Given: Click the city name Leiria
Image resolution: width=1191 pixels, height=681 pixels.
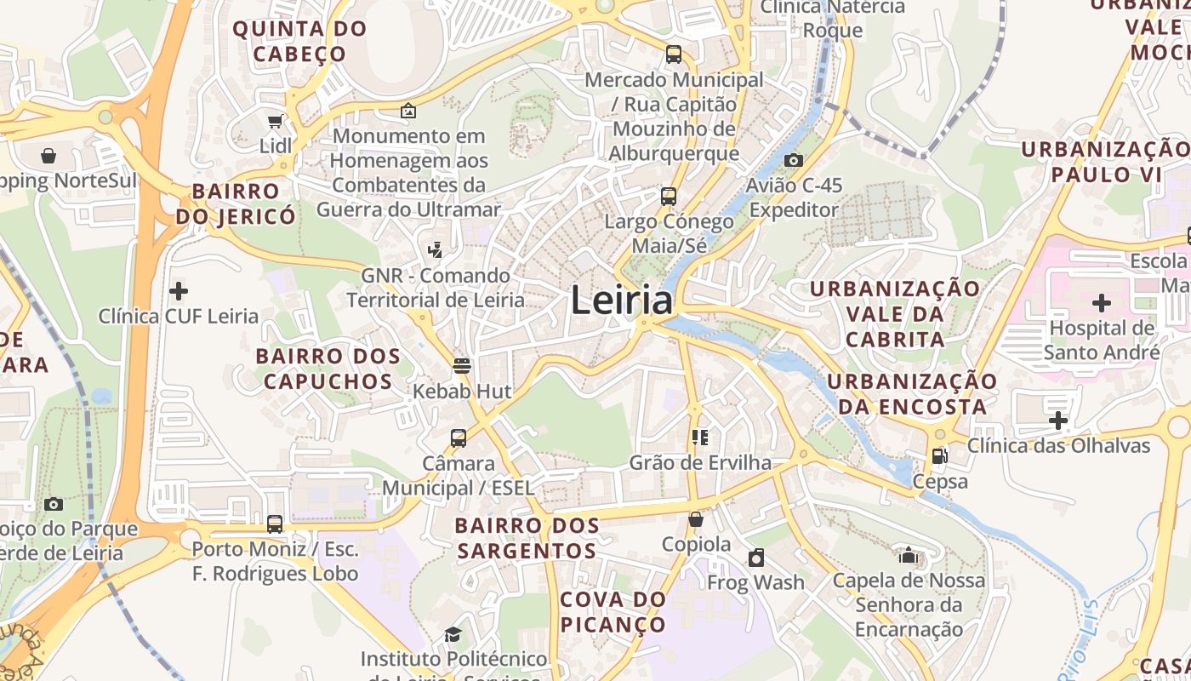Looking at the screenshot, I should (621, 300).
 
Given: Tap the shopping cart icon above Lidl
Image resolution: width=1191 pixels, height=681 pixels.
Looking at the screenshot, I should (275, 122).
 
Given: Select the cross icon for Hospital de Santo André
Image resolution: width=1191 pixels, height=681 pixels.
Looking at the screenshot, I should (1102, 303).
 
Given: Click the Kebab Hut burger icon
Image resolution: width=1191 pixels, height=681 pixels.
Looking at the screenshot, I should (462, 366).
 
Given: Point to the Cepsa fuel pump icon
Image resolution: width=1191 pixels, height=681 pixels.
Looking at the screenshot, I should (939, 456).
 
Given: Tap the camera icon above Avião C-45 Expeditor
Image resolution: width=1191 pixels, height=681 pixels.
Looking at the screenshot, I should (793, 160).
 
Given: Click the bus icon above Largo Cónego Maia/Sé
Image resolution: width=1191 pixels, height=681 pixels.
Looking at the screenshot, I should (669, 197).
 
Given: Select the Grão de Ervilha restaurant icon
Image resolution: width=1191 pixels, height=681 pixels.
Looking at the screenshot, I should (700, 438).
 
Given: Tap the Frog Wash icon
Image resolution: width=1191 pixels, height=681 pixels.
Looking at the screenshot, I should (755, 558).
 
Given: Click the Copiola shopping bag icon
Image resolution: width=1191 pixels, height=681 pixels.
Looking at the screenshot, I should (696, 519).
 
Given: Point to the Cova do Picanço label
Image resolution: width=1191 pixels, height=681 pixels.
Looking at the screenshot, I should (613, 612).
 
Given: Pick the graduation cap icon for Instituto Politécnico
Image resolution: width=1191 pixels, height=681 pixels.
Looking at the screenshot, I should (453, 634).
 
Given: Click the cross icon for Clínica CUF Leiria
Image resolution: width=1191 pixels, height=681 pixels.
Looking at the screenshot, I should (179, 291).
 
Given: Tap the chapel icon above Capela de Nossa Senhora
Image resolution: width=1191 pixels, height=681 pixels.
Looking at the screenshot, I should (909, 556).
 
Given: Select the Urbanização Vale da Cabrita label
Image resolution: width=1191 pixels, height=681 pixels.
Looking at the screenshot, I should (894, 313).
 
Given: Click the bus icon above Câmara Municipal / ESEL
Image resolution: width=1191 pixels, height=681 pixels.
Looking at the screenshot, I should (459, 438).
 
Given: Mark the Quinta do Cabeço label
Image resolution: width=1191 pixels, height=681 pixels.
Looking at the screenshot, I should (299, 41).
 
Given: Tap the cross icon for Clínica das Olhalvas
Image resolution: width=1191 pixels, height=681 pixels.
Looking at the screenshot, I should (1058, 421).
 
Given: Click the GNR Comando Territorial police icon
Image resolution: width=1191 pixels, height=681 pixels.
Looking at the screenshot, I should (436, 250).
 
